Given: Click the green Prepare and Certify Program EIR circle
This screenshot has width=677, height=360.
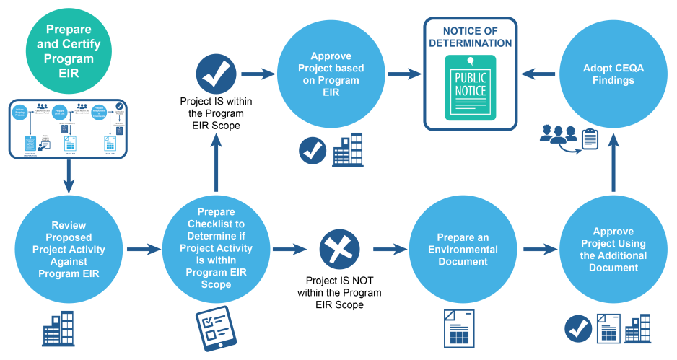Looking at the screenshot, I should (69, 51).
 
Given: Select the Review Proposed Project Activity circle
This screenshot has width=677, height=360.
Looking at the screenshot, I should (69, 250).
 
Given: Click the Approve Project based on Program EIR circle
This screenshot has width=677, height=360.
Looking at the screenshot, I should (331, 73).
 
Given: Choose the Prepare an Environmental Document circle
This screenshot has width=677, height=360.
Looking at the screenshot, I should (463, 250).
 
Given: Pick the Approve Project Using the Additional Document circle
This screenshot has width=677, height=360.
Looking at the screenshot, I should (613, 250).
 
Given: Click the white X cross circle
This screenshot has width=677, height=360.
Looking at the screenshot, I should (339, 250).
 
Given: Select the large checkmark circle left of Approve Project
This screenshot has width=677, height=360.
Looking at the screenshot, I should (217, 74).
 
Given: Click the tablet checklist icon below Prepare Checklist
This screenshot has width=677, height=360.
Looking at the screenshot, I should (216, 328).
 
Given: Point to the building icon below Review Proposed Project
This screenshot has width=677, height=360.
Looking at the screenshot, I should (58, 329).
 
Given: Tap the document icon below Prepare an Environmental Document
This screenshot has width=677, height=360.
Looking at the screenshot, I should (458, 329).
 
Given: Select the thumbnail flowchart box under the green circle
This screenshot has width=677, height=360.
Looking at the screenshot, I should (68, 128).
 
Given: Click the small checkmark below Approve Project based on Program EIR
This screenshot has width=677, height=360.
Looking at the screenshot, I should (313, 150).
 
